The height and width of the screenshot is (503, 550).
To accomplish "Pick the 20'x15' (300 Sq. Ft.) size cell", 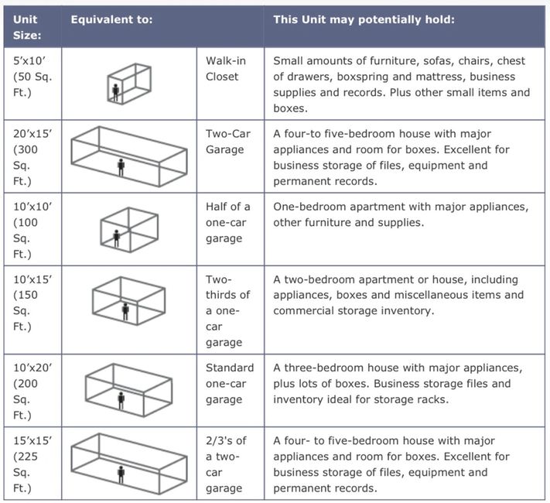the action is pos(32,157).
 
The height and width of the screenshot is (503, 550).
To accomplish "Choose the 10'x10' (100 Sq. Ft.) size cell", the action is pos(32,230).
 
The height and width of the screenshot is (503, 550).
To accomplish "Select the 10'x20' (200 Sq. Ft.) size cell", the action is pos(32,391).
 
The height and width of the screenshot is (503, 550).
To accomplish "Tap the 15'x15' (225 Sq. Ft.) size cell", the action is pos(32,464).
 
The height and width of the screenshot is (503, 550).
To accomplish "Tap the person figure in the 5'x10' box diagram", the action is pos(115,93).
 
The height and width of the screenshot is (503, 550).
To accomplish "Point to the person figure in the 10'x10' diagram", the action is pos(117,238).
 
